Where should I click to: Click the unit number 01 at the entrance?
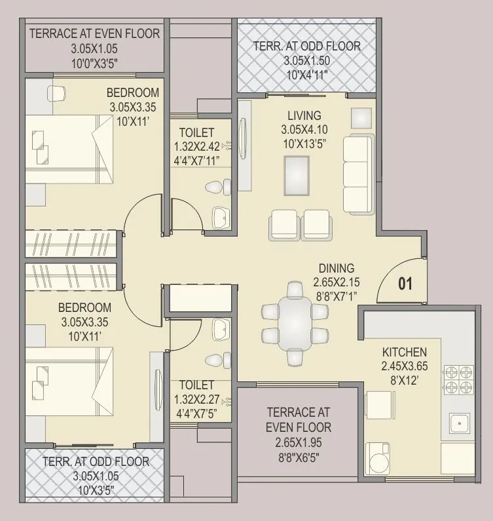click(405, 284)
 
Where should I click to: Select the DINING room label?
click(337, 267)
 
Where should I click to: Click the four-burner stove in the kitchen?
click(458, 380)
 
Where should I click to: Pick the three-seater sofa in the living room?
click(357, 174)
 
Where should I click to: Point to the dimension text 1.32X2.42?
click(202, 147)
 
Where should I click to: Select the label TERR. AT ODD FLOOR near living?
click(307, 47)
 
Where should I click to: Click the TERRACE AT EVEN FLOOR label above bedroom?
click(95, 33)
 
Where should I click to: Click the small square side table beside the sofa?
click(361, 117)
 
